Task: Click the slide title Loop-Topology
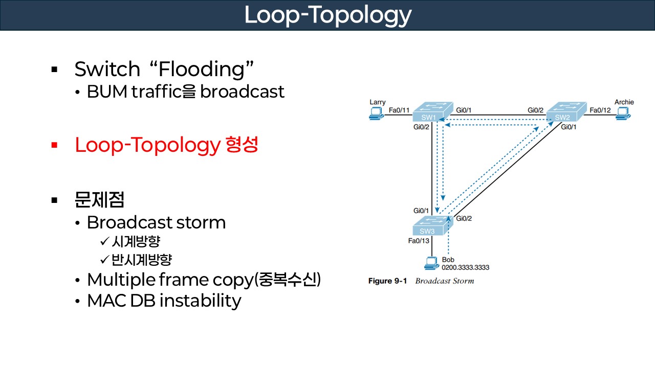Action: click(x=327, y=15)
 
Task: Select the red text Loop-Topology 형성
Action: click(x=166, y=145)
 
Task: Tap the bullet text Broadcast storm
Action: click(x=156, y=222)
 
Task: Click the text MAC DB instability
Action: click(x=164, y=301)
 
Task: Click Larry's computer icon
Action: click(x=377, y=114)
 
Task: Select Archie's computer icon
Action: click(x=623, y=114)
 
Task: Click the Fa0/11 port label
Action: click(x=399, y=109)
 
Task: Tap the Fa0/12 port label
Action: click(x=600, y=109)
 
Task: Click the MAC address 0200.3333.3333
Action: click(x=465, y=267)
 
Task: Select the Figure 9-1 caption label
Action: click(x=387, y=281)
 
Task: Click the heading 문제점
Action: click(x=99, y=200)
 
